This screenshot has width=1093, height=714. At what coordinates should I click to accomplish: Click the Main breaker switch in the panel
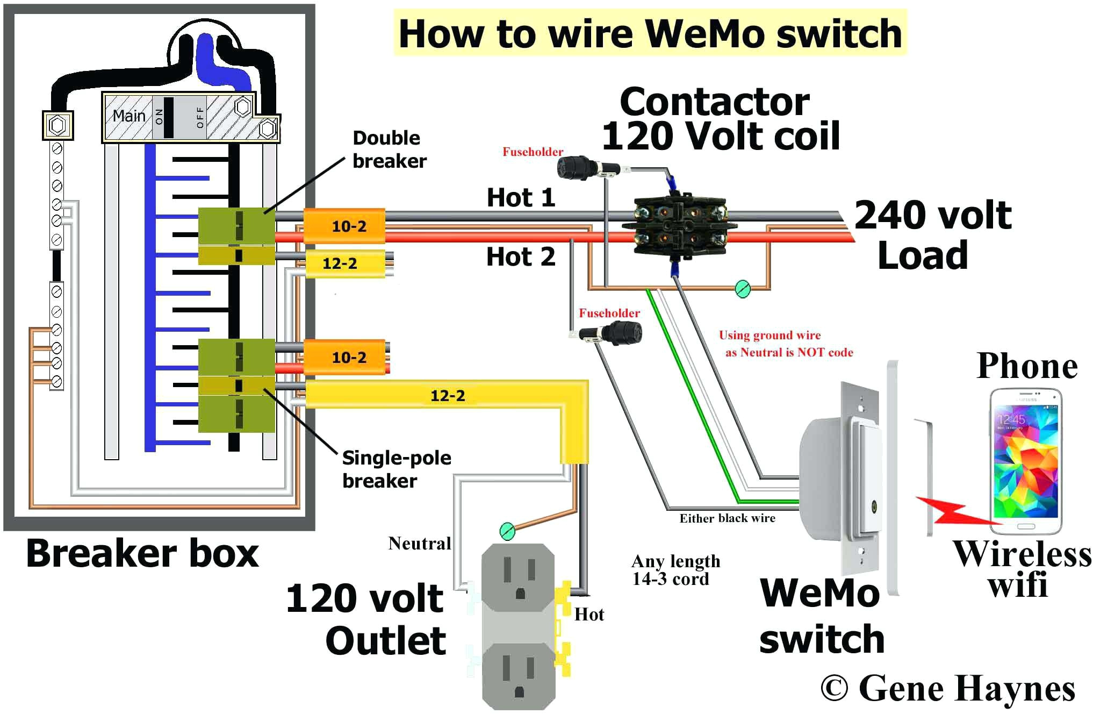[x=168, y=117]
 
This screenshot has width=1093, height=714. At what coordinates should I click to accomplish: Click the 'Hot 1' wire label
[x=520, y=198]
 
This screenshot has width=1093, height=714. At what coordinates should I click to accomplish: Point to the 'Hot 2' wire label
[x=520, y=257]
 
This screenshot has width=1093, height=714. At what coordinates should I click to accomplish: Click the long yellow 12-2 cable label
[x=447, y=396]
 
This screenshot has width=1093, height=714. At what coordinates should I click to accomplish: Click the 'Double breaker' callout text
[x=389, y=149]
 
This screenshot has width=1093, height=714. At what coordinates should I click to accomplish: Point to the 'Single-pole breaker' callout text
[x=396, y=469]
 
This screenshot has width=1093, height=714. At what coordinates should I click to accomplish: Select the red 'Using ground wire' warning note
[x=785, y=344]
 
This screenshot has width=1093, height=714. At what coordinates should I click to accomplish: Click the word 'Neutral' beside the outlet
[x=419, y=544]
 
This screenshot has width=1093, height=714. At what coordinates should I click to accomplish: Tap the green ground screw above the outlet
[x=507, y=531]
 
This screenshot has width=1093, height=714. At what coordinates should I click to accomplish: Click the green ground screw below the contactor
[x=743, y=289]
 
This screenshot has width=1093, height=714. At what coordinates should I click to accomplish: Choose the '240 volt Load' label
[x=932, y=235]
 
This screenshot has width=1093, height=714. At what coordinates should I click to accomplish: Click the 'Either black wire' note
[x=727, y=518]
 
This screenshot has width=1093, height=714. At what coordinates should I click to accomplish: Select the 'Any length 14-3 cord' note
[x=675, y=570]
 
